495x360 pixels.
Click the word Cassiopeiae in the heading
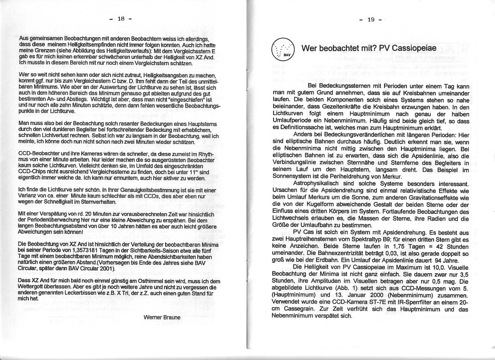click(x=414, y=48)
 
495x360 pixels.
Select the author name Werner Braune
click(x=162, y=317)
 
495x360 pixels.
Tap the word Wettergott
click(x=33, y=287)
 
